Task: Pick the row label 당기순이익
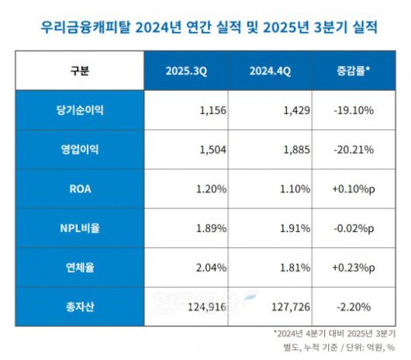coord(79,111)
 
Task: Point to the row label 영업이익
coord(79,150)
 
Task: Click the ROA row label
coord(79,189)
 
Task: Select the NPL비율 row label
coord(79,227)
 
